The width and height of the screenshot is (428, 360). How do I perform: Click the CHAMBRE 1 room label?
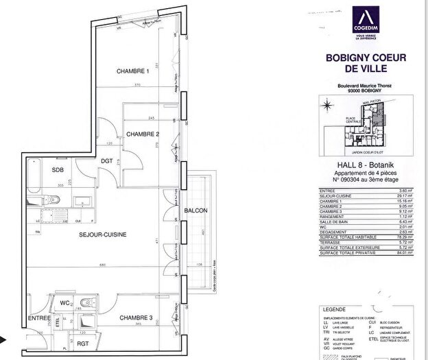132,71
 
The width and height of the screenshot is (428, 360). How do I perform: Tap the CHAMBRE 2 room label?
143,134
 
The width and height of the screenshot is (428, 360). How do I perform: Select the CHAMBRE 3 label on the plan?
136,317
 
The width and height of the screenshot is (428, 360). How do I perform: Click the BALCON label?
196,210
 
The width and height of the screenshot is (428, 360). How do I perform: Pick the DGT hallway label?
106,161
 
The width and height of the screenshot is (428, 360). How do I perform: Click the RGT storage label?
83,344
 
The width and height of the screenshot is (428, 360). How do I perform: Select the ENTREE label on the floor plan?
39,319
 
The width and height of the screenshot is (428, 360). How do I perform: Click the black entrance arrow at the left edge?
3,339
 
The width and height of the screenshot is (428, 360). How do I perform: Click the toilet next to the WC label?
86,303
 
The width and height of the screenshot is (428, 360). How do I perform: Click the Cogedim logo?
367,22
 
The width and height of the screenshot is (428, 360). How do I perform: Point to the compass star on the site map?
328,105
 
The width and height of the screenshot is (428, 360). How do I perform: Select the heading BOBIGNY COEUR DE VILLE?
367,64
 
